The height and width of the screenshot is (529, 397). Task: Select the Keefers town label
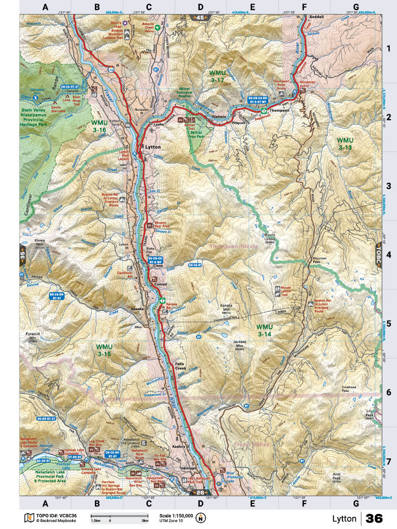click(181, 446)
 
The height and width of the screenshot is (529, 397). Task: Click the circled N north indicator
click(201, 517)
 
